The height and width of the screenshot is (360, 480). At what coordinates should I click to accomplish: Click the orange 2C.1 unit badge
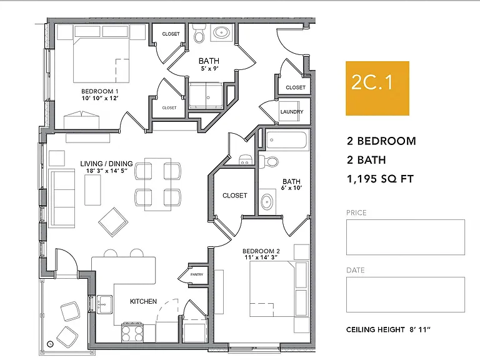click(377, 88)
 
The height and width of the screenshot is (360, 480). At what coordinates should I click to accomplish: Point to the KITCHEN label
click(143, 301)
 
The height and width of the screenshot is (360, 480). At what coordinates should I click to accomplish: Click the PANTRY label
click(196, 274)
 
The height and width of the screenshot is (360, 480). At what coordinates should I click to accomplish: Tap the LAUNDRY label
click(292, 112)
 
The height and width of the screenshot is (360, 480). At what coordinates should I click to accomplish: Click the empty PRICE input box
click(405, 237)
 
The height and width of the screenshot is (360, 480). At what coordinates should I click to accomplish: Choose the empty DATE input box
click(405, 294)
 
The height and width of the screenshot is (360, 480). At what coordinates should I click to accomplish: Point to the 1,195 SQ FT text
click(380, 179)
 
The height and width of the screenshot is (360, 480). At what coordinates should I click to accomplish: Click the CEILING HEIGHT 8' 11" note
click(388, 330)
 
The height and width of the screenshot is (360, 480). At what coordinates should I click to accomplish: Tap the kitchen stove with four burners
click(132, 332)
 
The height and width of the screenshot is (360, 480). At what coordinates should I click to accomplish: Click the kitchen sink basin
click(105, 304)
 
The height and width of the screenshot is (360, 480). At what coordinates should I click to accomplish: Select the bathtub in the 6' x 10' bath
click(286, 140)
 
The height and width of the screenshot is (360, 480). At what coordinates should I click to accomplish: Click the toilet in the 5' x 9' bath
click(199, 34)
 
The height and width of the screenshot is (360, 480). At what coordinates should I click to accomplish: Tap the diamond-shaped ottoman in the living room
click(113, 222)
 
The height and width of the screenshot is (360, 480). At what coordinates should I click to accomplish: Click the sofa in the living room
click(61, 198)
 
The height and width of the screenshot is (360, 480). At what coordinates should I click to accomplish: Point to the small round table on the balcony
click(50, 344)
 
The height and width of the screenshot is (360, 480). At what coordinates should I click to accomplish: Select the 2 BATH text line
click(366, 160)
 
